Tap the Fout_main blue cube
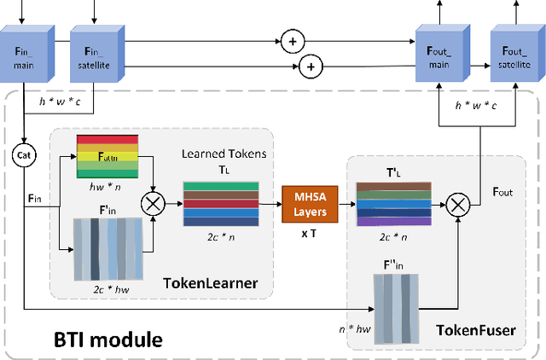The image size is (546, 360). (439, 51)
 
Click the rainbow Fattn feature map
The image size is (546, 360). (107, 156)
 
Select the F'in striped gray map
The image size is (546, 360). (107, 250)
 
